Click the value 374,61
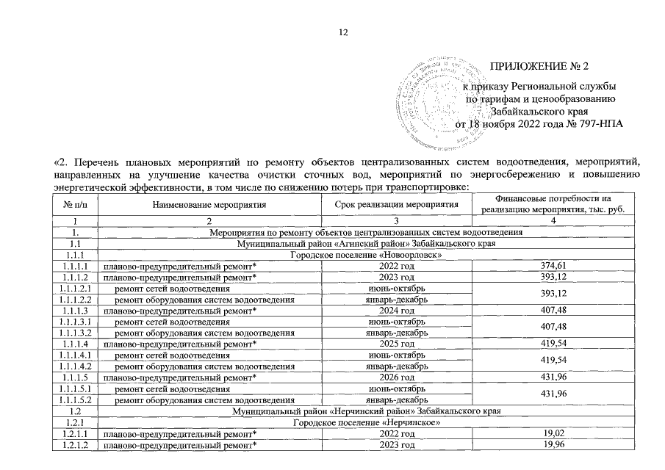click(553, 265)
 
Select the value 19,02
click(553, 435)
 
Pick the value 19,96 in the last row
click(553, 446)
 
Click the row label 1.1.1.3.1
click(76, 322)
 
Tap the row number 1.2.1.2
click(76, 446)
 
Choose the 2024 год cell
click(397, 311)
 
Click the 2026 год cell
click(397, 378)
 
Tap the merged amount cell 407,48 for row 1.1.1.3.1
click(553, 328)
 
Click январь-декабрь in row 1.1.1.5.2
click(397, 401)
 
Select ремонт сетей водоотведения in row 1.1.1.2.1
click(172, 288)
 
